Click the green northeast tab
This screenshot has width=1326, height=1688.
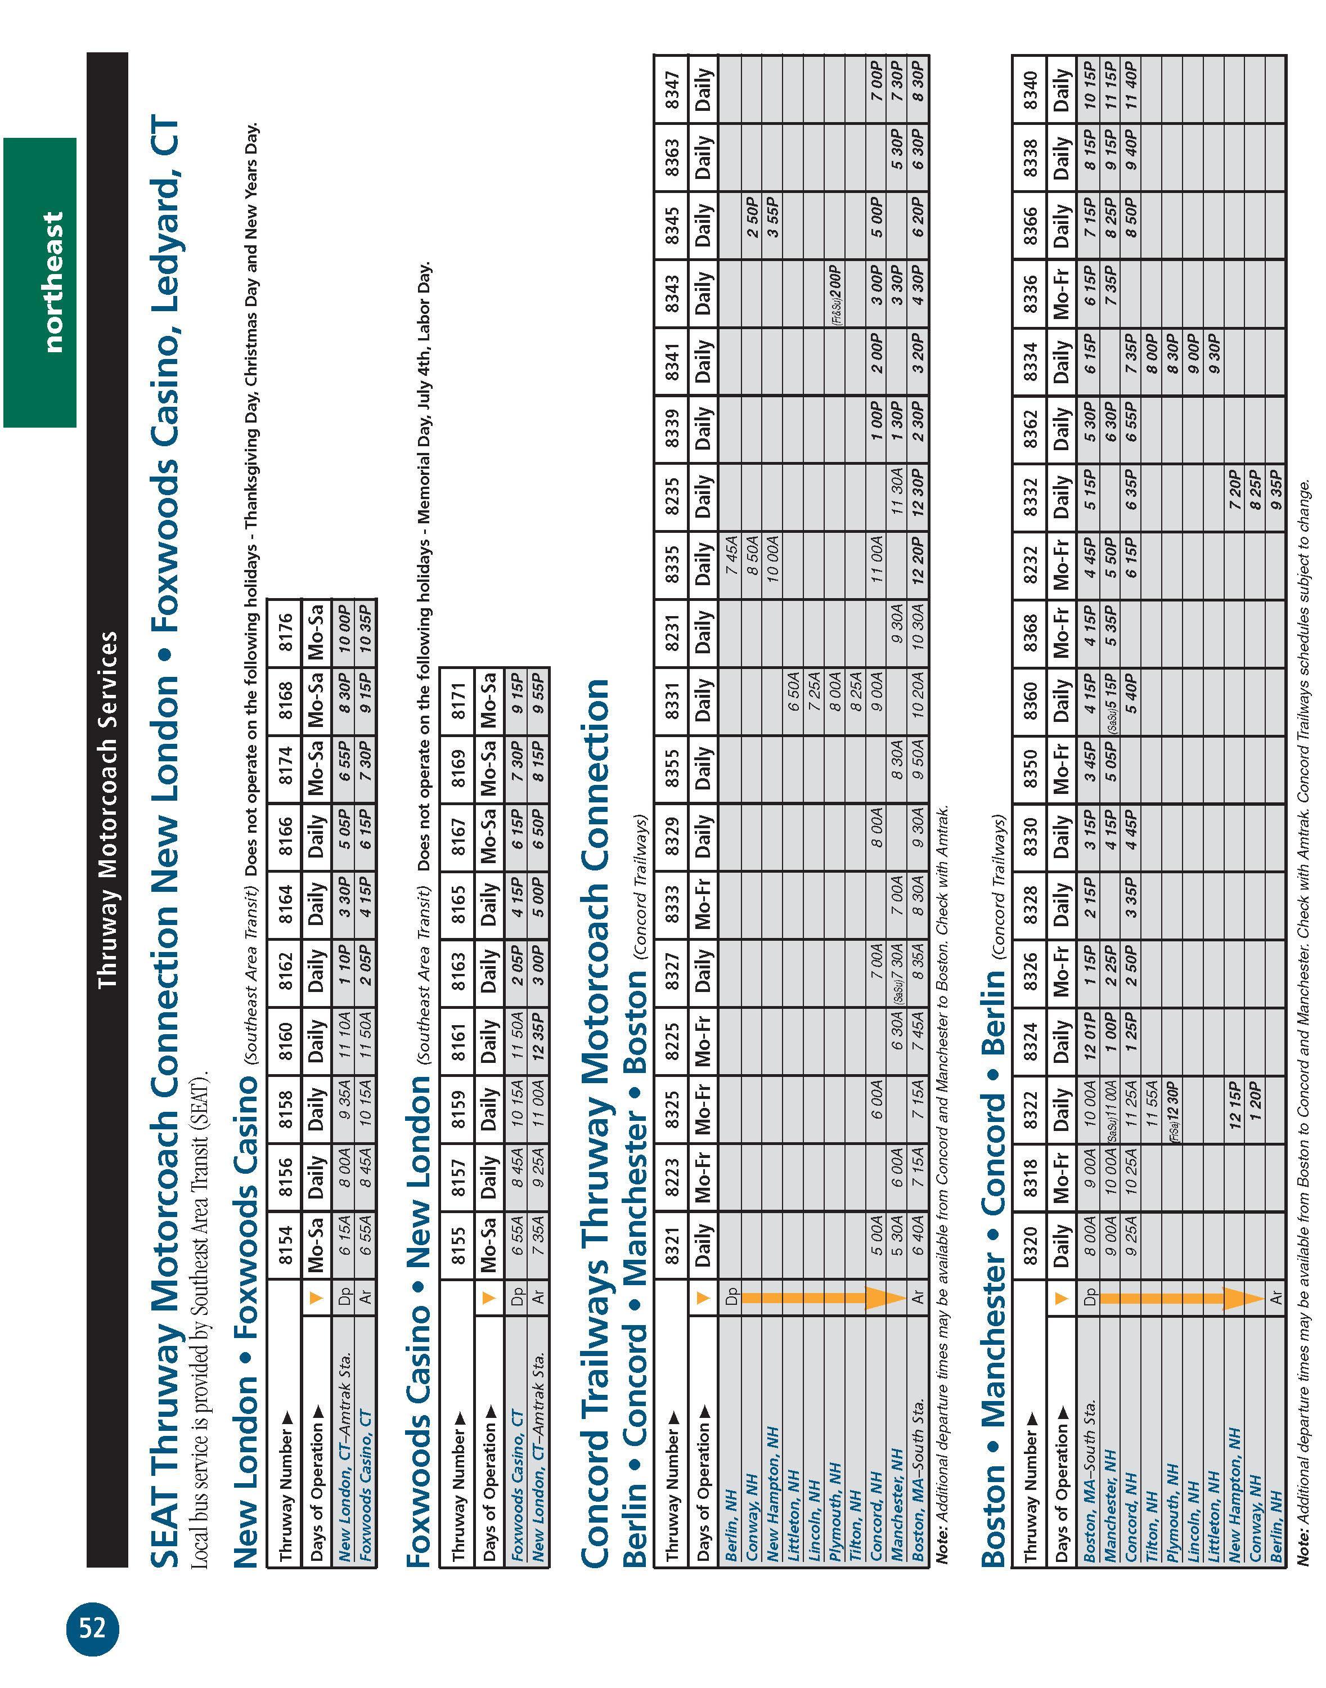pyautogui.click(x=41, y=282)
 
